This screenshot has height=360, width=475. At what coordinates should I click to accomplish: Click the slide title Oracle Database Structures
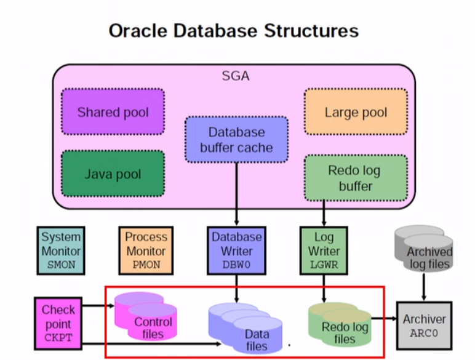[233, 30]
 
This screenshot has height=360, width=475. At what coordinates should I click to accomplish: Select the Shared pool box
[113, 112]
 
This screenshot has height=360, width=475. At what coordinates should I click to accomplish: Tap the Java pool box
[113, 173]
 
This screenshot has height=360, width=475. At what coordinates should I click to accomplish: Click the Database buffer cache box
[236, 140]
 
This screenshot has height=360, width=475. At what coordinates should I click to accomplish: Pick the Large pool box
[356, 112]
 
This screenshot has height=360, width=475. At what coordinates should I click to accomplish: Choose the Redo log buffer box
[355, 178]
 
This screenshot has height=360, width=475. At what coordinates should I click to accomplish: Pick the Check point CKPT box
[58, 323]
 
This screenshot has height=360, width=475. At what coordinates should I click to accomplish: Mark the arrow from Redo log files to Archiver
[385, 319]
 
